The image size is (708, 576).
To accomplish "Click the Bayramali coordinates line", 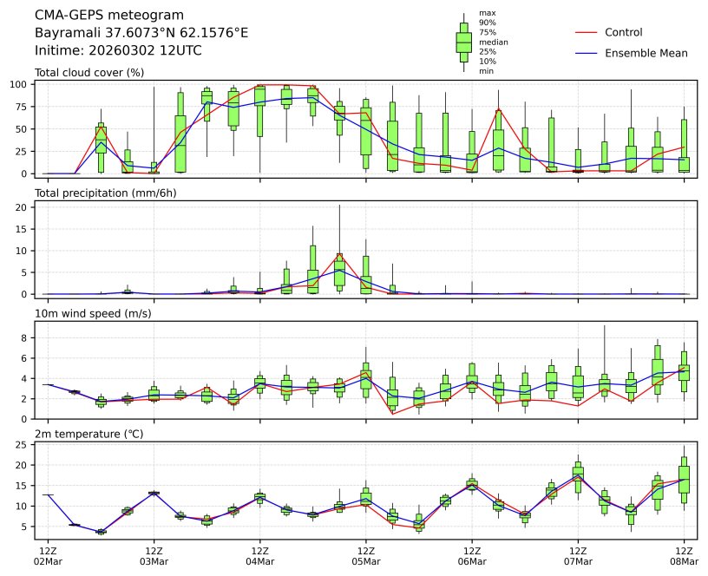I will pos(141,33).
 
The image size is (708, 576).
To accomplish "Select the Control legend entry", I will pos(623,33).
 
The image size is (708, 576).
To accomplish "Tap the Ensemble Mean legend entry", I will pos(646,54).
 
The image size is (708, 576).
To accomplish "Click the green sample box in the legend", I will pos(464,42).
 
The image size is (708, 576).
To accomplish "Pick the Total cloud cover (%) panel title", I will pos(89,72).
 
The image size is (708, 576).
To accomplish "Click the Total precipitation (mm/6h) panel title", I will pos(106,193).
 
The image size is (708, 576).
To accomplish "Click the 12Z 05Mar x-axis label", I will pos(365,556).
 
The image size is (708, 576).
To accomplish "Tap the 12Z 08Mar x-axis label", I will pos(684,556).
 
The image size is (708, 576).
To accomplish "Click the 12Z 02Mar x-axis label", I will pos(49,556).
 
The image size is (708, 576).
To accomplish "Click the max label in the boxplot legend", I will pos(488,14).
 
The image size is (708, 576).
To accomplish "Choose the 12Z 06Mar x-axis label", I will pos(471,556).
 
